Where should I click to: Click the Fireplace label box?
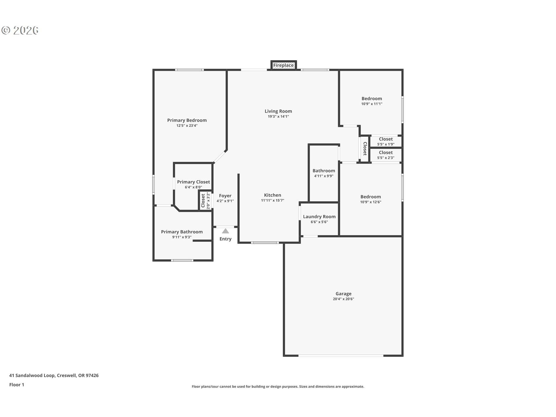(284, 65)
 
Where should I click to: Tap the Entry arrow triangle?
(226, 231)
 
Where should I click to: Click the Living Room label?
(278, 111)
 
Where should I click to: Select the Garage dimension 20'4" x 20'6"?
(343, 299)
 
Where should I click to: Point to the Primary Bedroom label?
(187, 120)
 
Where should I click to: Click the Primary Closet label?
(193, 182)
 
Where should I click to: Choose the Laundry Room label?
(319, 217)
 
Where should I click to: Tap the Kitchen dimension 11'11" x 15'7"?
(272, 200)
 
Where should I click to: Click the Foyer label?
(225, 196)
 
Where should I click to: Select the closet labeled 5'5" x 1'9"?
(386, 141)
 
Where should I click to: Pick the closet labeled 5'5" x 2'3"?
(386, 155)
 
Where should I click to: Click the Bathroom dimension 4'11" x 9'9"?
(323, 176)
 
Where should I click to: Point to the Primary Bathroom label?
(182, 232)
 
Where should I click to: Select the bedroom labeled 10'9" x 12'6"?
(370, 199)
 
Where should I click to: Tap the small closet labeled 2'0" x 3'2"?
(205, 201)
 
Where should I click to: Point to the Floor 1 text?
(17, 385)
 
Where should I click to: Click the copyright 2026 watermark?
(20, 30)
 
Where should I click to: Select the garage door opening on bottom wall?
(341, 355)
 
